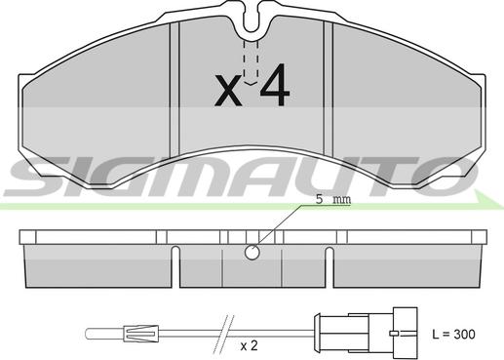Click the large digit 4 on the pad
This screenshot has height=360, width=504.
tap(275, 85)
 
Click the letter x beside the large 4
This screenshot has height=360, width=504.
tap(228, 90)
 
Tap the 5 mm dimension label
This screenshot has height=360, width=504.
tap(333, 199)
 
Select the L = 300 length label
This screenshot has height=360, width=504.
tap(453, 335)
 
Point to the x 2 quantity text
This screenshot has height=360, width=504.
tap(249, 345)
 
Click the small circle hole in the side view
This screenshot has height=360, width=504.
tap(252, 252)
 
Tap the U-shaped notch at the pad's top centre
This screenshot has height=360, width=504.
tap(251, 18)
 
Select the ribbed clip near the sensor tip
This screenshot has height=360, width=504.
tap(141, 334)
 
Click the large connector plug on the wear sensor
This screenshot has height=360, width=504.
tap(366, 334)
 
